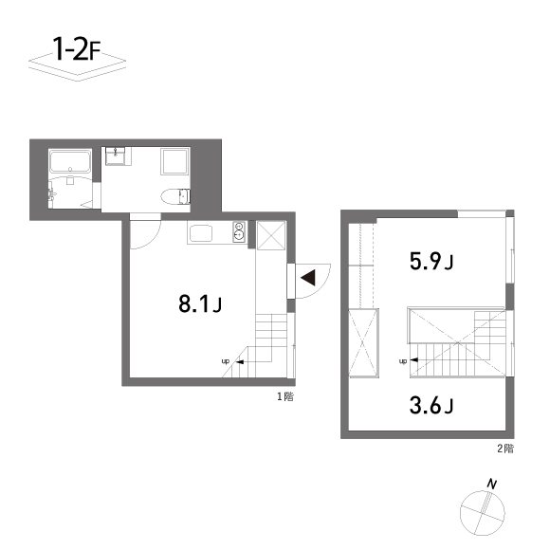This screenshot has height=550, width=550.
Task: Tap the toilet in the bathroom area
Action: [x=176, y=196]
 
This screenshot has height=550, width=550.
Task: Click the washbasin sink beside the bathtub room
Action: [x=117, y=156]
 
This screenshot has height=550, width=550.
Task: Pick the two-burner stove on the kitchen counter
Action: [x=238, y=231]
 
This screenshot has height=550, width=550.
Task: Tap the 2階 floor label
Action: [x=504, y=448]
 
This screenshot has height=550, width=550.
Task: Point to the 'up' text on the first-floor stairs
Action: [x=226, y=361]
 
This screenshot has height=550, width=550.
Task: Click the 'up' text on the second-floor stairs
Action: [x=403, y=361]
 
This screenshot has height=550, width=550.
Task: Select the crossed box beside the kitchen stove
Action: [x=270, y=234]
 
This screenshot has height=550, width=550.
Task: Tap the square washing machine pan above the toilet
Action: [x=175, y=162]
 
